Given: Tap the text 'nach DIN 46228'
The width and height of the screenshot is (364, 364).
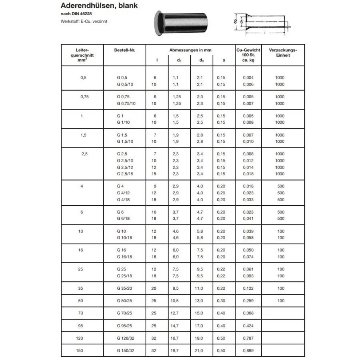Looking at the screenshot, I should point(76,14).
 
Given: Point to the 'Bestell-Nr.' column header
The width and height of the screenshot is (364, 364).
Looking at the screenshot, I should point(124,50).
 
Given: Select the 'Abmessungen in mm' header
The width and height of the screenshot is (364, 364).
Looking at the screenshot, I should point(190,50).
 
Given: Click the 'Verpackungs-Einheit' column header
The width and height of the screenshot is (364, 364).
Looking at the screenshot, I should point(283,53).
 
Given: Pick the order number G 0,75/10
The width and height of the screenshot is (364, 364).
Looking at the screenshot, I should point(126,103).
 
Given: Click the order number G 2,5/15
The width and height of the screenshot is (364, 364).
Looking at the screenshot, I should point(125,174).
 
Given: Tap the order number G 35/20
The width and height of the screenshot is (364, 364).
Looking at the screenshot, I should point(124,288).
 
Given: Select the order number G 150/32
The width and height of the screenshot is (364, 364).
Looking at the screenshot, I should point(125,351).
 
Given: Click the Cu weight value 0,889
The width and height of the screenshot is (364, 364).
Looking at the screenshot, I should point(249,351).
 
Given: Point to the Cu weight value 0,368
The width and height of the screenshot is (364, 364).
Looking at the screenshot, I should point(249,313).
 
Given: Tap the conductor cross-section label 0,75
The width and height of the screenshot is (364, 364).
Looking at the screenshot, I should point(84,96).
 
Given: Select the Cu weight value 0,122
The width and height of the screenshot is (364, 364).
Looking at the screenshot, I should point(249,288).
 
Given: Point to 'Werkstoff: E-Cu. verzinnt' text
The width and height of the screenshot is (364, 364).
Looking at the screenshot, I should point(84,21).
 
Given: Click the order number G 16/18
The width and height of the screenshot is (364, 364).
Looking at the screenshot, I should point(124,257).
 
